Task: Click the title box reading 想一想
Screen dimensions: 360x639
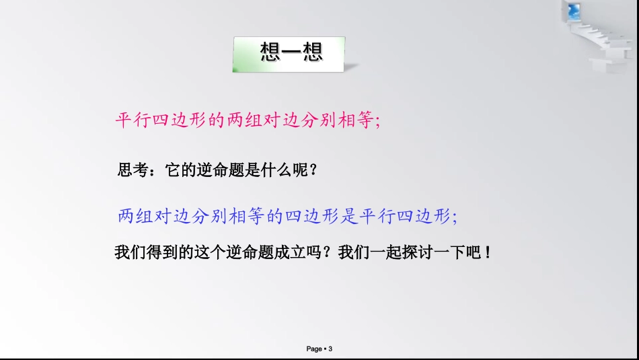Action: [289, 52]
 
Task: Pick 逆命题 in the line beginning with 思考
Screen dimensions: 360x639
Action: [214, 171]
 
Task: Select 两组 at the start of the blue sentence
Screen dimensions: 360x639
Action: [137, 217]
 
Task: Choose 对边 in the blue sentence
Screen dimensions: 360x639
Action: [175, 217]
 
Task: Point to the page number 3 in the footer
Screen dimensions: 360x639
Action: [331, 349]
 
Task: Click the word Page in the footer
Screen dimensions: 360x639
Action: [314, 349]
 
